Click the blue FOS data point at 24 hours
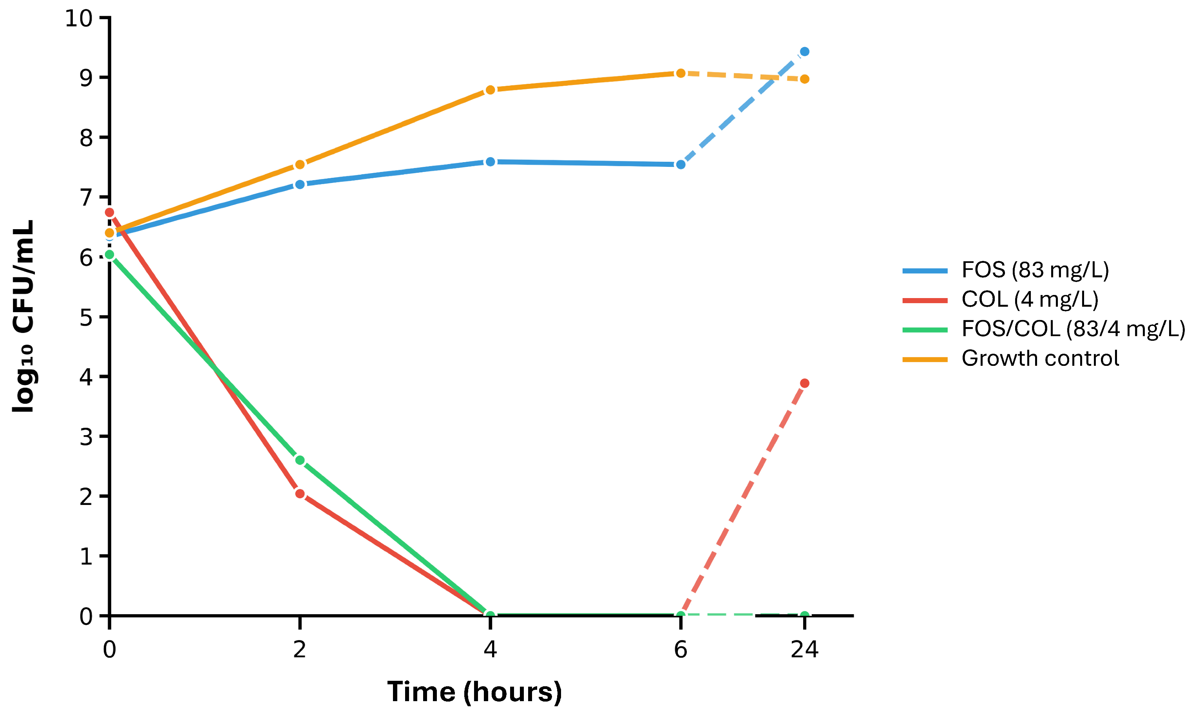pyautogui.click(x=804, y=52)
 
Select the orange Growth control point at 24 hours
pyautogui.click(x=804, y=80)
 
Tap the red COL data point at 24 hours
pyautogui.click(x=804, y=383)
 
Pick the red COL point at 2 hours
pyautogui.click(x=299, y=494)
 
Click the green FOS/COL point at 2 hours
pyautogui.click(x=299, y=460)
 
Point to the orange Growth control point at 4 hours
pyautogui.click(x=490, y=90)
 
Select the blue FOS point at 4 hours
pyautogui.click(x=490, y=162)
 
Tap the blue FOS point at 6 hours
pyautogui.click(x=680, y=165)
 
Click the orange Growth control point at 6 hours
pyautogui.click(x=680, y=73)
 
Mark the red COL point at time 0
pyautogui.click(x=109, y=212)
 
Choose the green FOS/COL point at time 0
pyautogui.click(x=109, y=255)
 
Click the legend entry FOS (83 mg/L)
pyautogui.click(x=1035, y=270)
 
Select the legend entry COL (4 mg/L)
pyautogui.click(x=1030, y=300)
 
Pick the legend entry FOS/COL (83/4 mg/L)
pyautogui.click(x=1073, y=329)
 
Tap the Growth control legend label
pyautogui.click(x=1040, y=358)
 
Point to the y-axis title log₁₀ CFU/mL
pyautogui.click(x=23, y=316)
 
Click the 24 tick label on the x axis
pyautogui.click(x=804, y=650)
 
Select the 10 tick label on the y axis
pyautogui.click(x=78, y=18)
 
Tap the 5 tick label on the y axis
pyautogui.click(x=86, y=317)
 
